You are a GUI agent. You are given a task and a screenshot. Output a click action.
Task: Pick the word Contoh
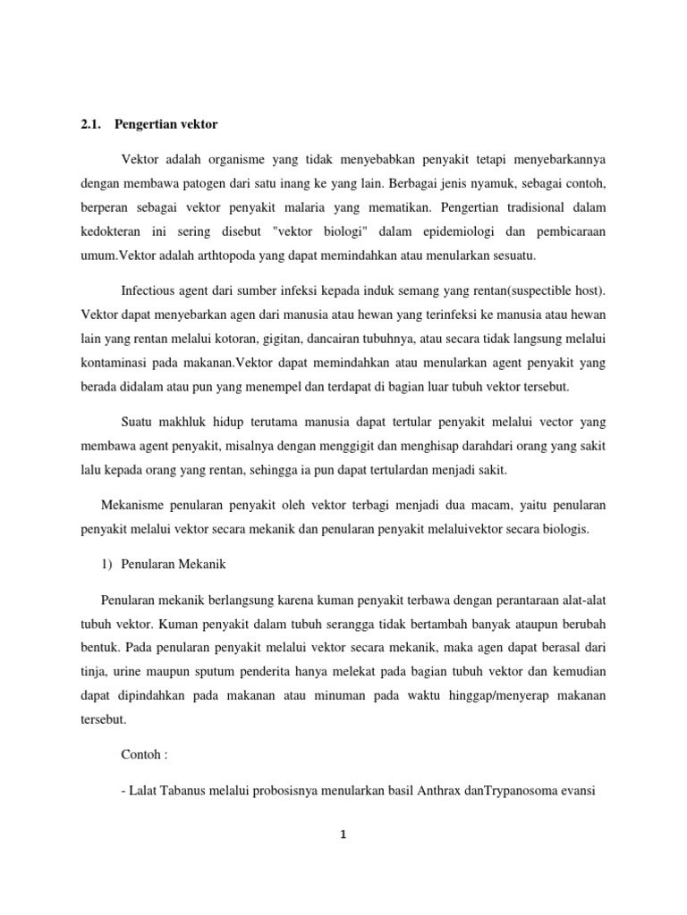pyautogui.click(x=140, y=755)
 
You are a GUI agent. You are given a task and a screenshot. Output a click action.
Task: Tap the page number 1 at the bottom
pyautogui.click(x=343, y=836)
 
